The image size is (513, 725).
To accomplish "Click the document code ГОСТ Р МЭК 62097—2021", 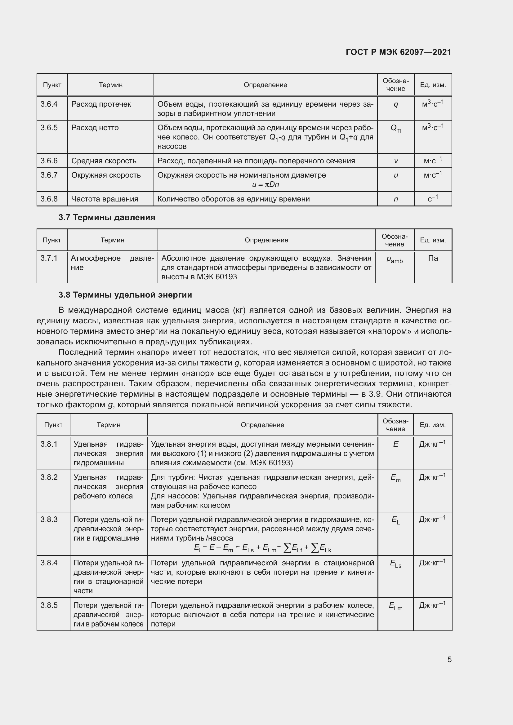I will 398,52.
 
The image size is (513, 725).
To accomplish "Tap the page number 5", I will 449,659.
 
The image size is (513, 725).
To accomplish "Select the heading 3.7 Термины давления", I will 107,217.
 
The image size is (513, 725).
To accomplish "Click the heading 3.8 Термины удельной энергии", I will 125,294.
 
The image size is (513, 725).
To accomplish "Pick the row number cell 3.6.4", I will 49,104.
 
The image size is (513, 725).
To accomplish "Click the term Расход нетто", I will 95,128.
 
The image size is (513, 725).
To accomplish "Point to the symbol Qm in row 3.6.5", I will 396,128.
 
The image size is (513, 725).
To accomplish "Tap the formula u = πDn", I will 265,184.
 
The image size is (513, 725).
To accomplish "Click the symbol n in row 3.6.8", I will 396,199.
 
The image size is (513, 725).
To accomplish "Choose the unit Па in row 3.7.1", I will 433,258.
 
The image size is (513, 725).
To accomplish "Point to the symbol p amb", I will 395,259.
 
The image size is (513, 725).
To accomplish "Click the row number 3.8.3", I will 49,519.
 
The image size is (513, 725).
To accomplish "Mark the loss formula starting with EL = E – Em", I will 262,549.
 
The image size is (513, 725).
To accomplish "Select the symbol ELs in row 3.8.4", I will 395,564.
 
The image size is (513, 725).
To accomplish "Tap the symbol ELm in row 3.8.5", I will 395,606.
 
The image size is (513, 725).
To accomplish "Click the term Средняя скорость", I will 104,161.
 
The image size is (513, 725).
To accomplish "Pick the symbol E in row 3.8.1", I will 395,444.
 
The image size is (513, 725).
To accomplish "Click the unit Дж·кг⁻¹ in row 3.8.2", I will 432,477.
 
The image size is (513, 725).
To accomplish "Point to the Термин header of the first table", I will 110,85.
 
